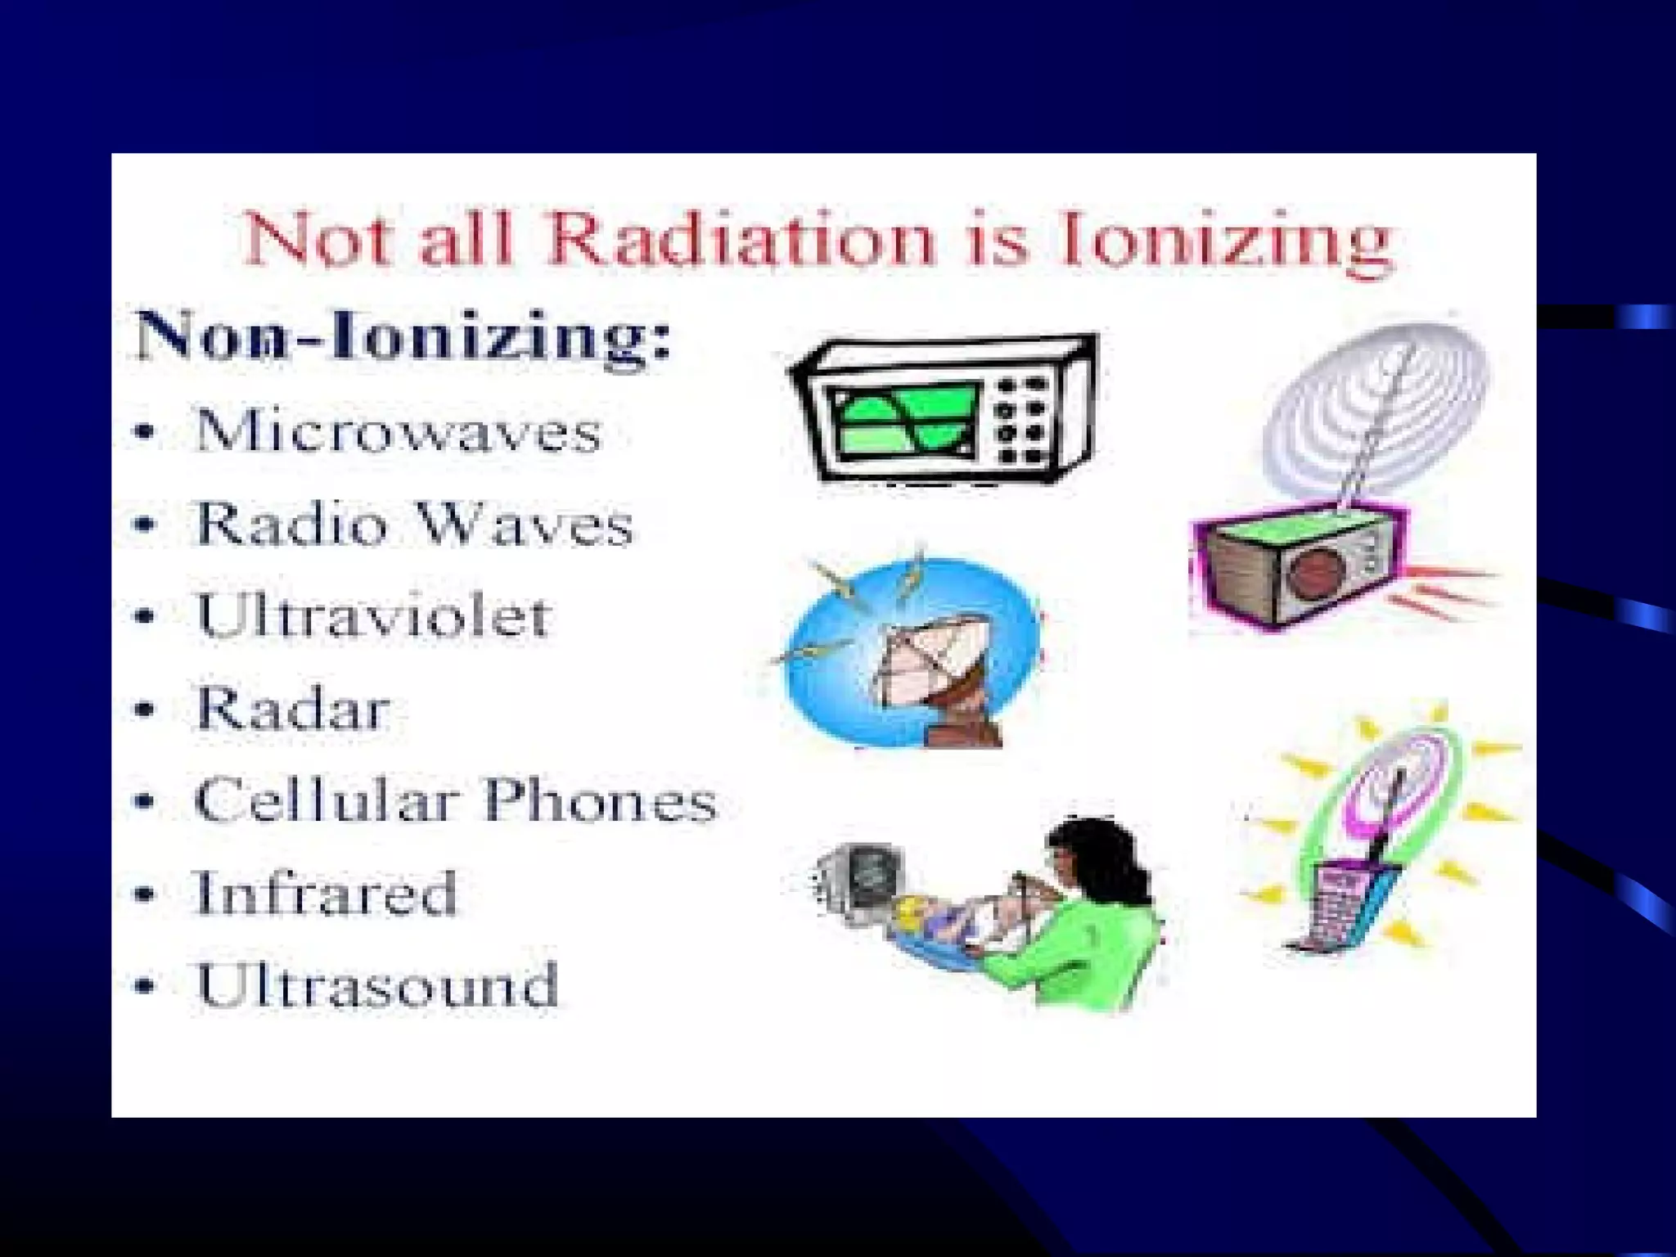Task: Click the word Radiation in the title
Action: pos(741,240)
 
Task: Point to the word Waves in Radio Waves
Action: pos(524,524)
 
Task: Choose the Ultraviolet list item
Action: pos(372,615)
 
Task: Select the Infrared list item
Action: pos(325,893)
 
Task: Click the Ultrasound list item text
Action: pos(376,985)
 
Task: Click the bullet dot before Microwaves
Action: pos(145,432)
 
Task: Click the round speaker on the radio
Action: pos(1315,572)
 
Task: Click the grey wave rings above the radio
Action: pos(1375,401)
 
